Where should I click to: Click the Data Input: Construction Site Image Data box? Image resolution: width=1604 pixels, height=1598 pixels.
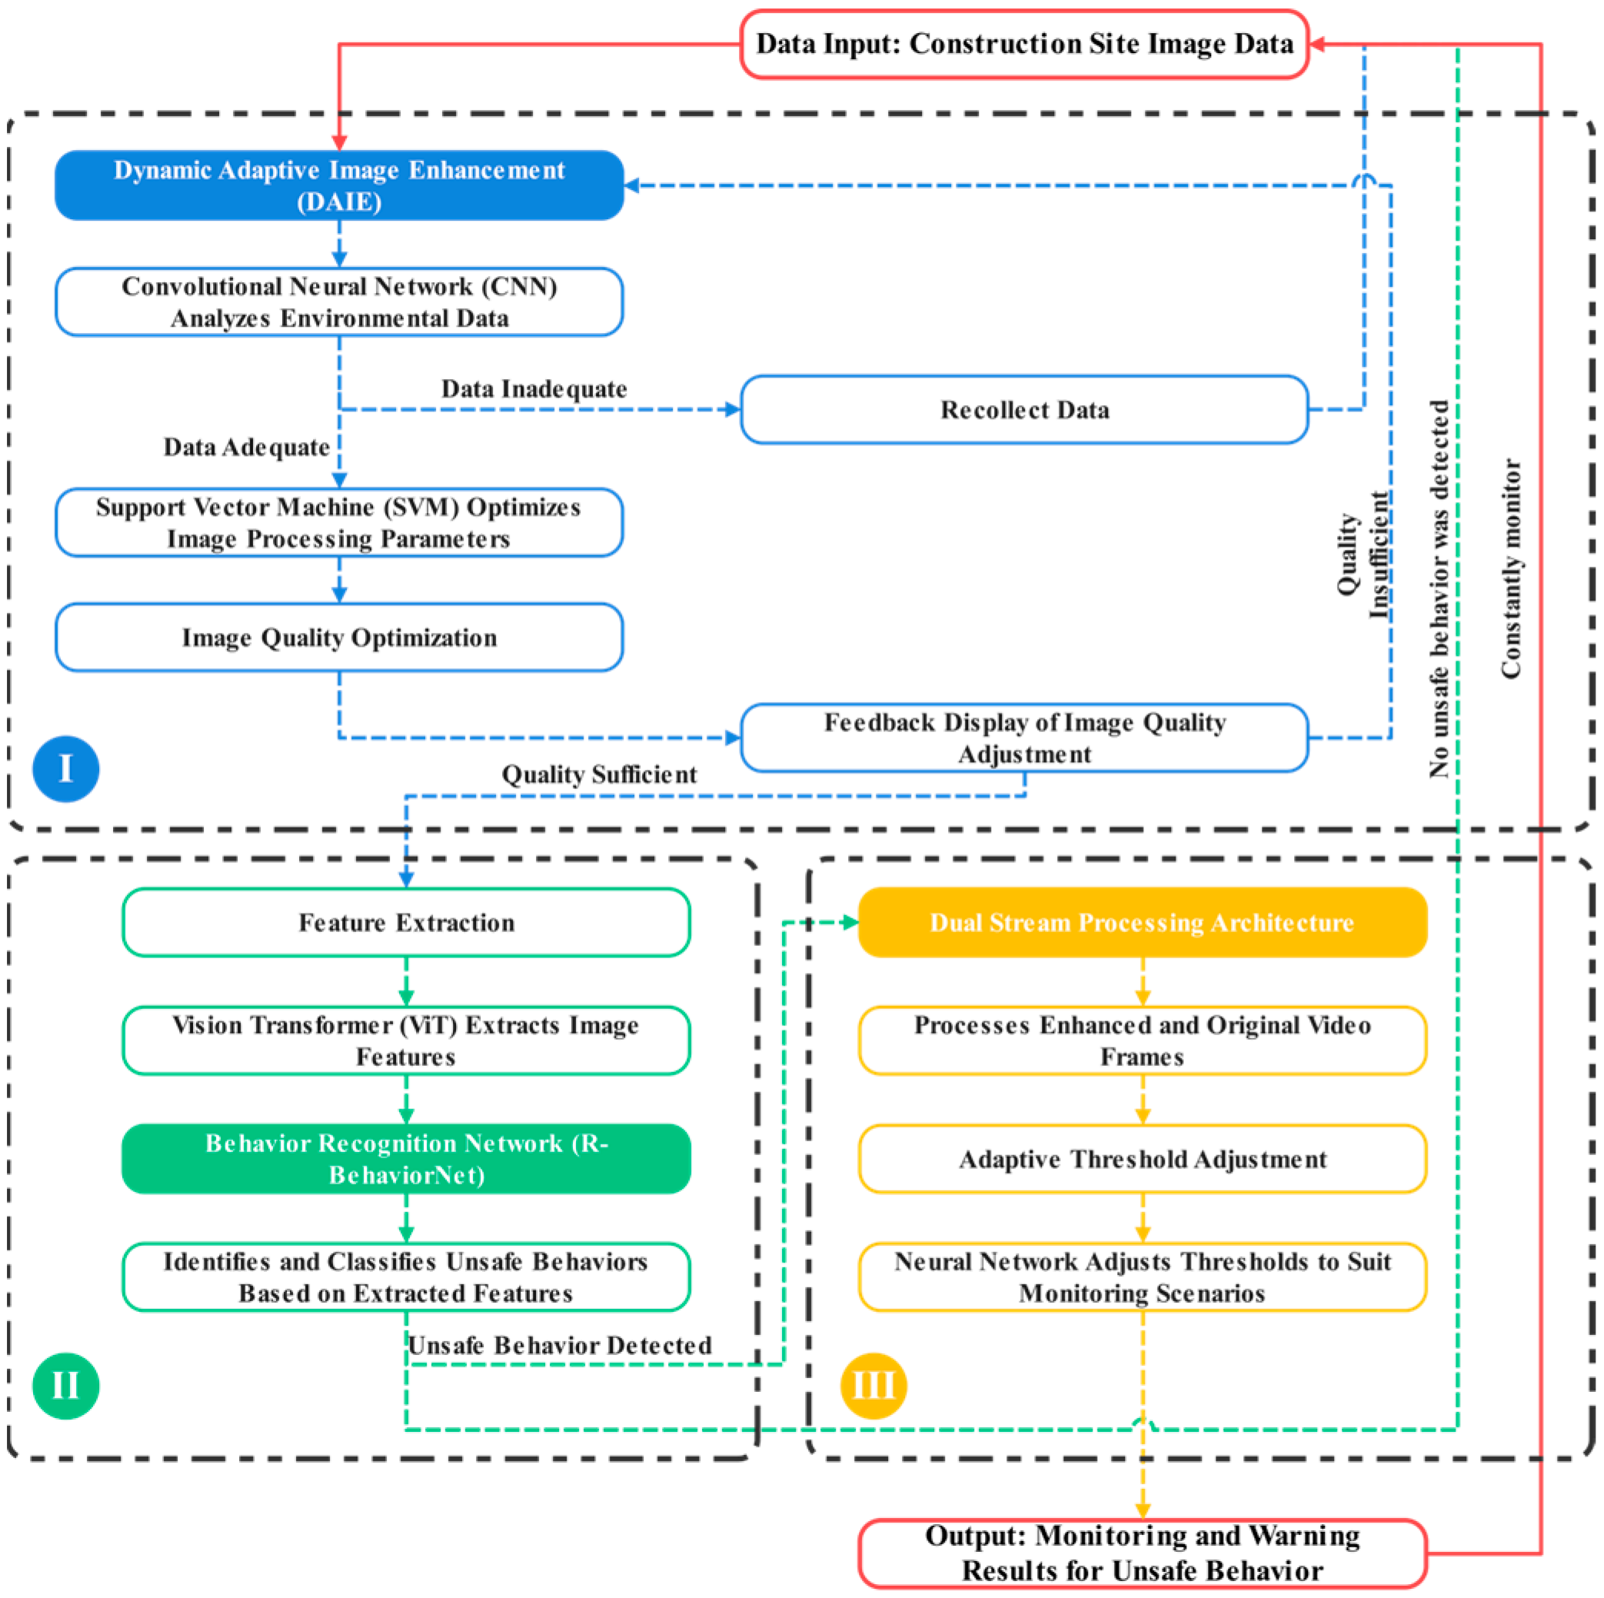pos(1023,44)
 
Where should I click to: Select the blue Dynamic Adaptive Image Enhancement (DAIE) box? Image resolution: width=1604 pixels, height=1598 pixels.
pos(340,185)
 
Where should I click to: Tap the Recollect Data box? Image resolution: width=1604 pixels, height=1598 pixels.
pos(1023,409)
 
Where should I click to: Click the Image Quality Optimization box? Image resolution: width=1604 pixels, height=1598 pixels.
pos(340,637)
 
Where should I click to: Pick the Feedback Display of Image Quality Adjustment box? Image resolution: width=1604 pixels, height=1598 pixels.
pos(1023,737)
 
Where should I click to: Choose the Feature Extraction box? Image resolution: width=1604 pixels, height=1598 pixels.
pos(406,922)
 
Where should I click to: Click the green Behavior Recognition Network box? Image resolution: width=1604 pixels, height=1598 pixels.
pos(406,1159)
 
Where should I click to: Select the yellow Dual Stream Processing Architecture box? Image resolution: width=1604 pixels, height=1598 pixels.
pos(1143,922)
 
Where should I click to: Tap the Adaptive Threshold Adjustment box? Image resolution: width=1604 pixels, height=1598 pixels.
pos(1143,1159)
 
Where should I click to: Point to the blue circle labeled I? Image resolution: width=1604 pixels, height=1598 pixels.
pos(65,769)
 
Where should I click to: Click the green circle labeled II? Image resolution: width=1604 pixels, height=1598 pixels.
pos(65,1386)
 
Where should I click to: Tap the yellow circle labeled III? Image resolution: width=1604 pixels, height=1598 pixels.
pos(874,1386)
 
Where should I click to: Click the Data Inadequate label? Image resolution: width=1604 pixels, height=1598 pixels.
pos(534,388)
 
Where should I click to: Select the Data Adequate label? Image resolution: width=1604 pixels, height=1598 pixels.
pos(247,447)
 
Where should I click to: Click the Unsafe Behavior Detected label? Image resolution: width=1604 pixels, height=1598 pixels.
pos(561,1345)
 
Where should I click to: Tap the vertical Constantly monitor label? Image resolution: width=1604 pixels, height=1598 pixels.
pos(1511,568)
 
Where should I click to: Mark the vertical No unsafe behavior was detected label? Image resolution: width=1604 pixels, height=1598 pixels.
pos(1439,588)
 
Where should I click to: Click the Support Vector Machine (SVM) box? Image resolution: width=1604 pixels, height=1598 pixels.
pos(340,522)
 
